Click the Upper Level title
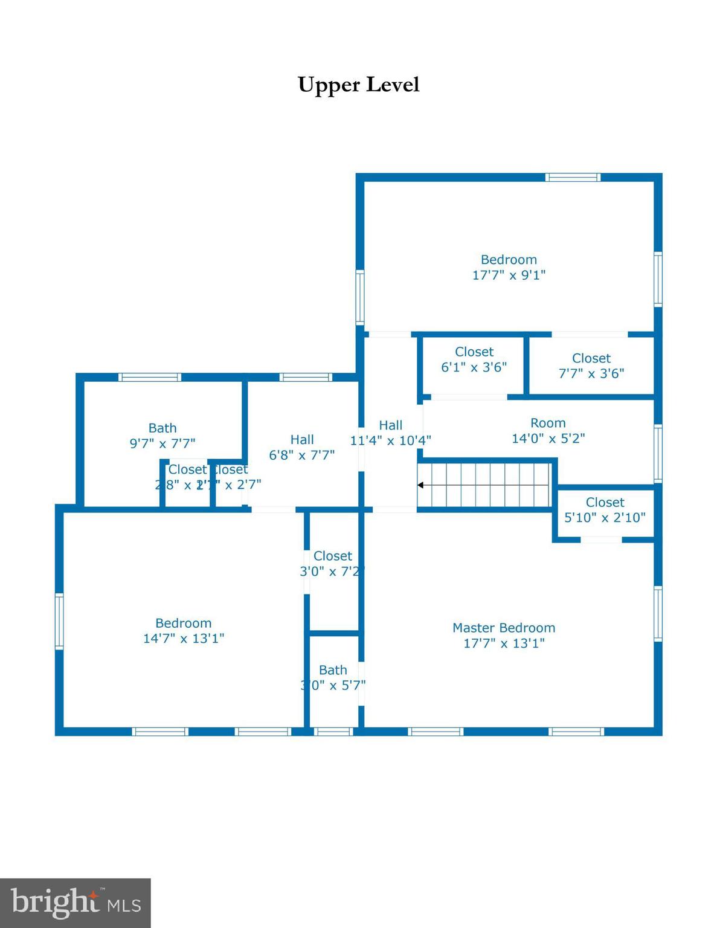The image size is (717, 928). coord(358,85)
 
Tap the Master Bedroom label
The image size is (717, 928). coord(503,628)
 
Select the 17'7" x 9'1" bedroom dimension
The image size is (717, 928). coord(509,275)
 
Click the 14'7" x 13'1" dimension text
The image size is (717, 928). coord(183,639)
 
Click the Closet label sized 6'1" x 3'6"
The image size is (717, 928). coord(474,352)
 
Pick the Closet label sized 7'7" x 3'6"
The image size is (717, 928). coord(591,358)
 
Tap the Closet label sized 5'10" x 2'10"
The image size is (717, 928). coord(605,502)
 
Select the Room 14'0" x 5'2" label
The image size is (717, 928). coord(548,423)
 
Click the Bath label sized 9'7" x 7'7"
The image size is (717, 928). coord(162,428)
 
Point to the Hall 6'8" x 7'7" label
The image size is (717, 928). coord(302,439)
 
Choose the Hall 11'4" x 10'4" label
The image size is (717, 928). coord(390,425)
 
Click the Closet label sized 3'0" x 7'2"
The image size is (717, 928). coord(332,556)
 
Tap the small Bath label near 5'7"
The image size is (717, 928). coord(333,670)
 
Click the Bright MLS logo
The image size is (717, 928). coord(75,903)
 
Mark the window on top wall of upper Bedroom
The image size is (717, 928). coord(573,177)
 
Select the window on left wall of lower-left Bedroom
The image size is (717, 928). coord(59,621)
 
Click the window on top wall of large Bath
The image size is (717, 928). coord(150,377)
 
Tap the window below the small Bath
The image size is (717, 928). coord(333,732)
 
